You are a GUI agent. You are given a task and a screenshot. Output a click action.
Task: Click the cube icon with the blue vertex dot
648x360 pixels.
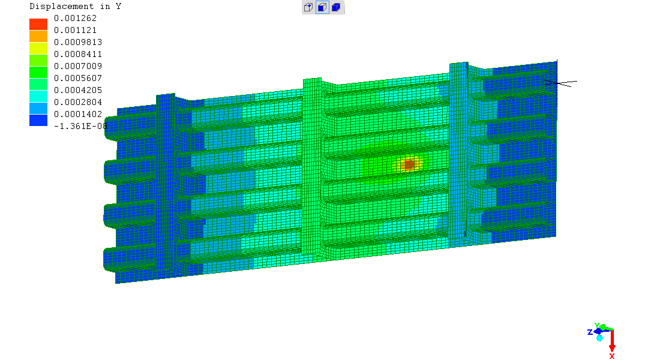click(308, 7)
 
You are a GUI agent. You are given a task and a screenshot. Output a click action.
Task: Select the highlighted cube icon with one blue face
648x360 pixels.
click(322, 7)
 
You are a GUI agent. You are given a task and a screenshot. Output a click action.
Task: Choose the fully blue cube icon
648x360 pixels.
click(336, 7)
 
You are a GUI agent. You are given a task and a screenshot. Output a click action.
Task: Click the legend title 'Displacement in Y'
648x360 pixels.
click(75, 6)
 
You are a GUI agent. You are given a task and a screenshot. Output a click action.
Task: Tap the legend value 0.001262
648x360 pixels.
click(75, 18)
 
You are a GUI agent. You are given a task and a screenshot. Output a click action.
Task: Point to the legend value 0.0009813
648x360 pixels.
click(78, 42)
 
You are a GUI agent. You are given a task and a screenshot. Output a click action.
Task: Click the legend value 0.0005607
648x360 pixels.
click(78, 78)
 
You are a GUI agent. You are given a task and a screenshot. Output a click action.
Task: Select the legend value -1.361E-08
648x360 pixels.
click(80, 126)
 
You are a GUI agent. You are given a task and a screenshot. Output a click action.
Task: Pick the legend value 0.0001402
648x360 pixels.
click(78, 114)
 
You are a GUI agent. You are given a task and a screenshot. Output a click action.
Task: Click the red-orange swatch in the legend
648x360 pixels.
click(38, 25)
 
